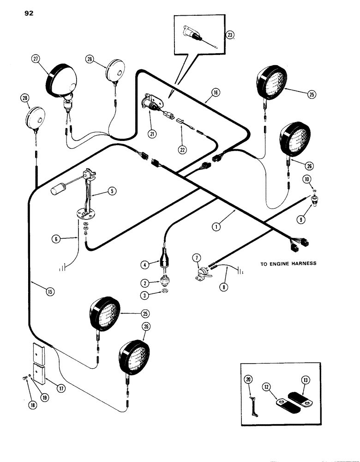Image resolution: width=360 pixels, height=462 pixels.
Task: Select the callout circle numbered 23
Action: [230, 35]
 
